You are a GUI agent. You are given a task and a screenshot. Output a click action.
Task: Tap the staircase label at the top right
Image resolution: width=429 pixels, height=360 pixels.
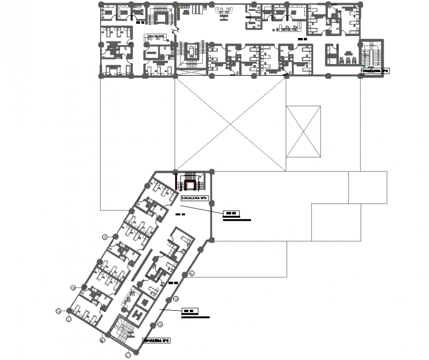(x=376, y=71)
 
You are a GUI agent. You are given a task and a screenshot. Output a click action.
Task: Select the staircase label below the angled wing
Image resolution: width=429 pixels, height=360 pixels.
(x=156, y=340)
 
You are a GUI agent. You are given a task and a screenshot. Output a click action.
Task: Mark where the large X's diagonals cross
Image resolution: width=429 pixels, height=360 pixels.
(x=230, y=124)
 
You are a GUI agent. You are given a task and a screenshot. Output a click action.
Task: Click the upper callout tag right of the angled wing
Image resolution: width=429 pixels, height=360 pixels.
(x=230, y=213)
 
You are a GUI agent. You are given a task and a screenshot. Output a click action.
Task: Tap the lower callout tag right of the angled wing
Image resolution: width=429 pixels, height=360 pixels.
(x=189, y=311)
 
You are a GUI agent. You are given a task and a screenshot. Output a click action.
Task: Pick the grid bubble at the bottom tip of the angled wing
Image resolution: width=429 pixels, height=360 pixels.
(x=128, y=354)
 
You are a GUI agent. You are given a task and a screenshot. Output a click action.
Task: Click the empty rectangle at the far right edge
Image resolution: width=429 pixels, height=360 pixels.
(x=367, y=187)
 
